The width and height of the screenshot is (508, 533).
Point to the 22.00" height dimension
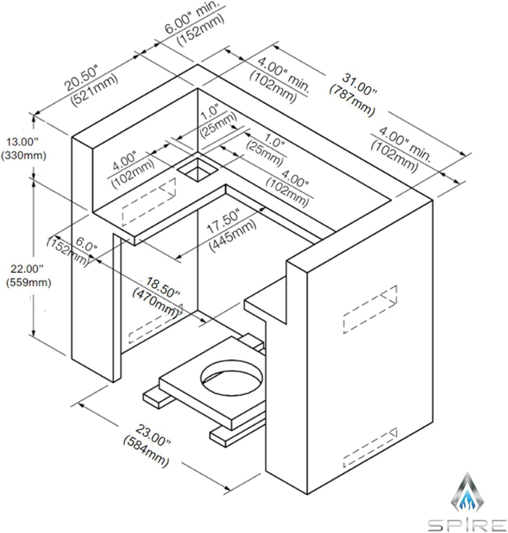click(x=25, y=268)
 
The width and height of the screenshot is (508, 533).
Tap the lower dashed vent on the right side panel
click(x=370, y=448)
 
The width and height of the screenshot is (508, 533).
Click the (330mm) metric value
click(x=23, y=155)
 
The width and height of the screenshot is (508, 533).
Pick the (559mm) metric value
click(x=28, y=282)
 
